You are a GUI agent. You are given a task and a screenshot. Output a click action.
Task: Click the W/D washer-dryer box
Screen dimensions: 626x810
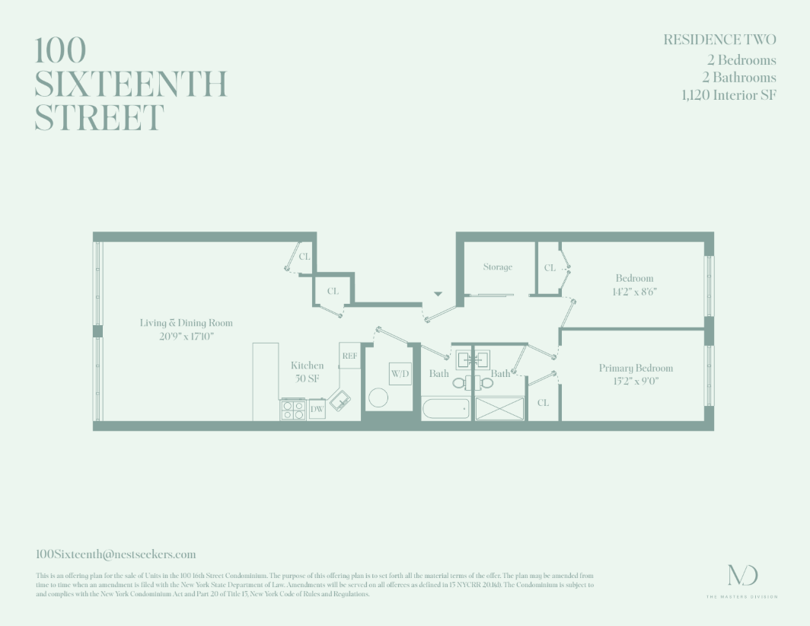pyautogui.click(x=400, y=373)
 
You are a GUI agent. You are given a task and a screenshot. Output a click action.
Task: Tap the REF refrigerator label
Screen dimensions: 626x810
pyautogui.click(x=349, y=356)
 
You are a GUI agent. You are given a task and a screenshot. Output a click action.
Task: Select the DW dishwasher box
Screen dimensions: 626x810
pyautogui.click(x=317, y=410)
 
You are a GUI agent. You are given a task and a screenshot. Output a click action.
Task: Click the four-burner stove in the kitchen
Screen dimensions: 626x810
pyautogui.click(x=293, y=409)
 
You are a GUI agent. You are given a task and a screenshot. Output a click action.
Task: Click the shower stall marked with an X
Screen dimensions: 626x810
pyautogui.click(x=500, y=408)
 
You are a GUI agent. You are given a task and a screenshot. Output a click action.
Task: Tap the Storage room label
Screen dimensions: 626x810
pyautogui.click(x=498, y=267)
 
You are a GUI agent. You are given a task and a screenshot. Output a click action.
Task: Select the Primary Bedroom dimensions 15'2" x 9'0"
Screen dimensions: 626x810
pyautogui.click(x=636, y=381)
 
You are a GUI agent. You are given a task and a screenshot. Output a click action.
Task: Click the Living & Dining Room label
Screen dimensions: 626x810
pyautogui.click(x=187, y=323)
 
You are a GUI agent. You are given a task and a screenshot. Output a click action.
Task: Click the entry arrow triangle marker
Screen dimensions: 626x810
pyautogui.click(x=438, y=292)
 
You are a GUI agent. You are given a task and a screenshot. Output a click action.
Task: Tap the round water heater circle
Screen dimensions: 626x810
pyautogui.click(x=378, y=397)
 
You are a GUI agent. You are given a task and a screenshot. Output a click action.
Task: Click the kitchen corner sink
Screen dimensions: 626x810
pyautogui.click(x=340, y=398)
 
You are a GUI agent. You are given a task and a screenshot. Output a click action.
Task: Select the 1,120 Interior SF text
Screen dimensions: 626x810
pyautogui.click(x=729, y=95)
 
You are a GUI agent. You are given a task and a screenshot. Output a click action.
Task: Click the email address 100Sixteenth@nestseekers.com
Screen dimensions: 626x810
pyautogui.click(x=116, y=554)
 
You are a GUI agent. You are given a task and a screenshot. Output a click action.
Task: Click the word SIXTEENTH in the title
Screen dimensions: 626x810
pyautogui.click(x=131, y=84)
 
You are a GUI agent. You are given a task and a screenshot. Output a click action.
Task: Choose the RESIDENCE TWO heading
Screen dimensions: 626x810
pyautogui.click(x=719, y=40)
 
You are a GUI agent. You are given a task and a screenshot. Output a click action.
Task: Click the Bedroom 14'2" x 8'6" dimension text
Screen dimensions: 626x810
pyautogui.click(x=634, y=291)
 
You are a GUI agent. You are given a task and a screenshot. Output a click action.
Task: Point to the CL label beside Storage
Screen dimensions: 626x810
pyautogui.click(x=550, y=268)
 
